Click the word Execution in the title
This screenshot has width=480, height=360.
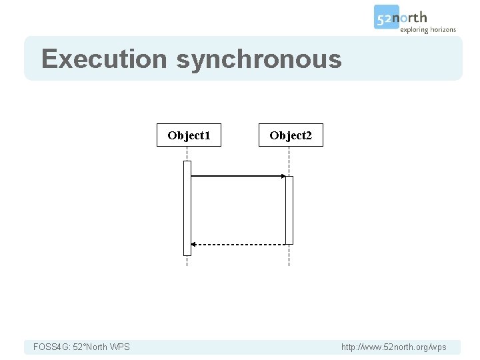(x=103, y=59)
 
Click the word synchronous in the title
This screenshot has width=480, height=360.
(x=259, y=59)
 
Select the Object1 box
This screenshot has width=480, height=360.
(x=189, y=135)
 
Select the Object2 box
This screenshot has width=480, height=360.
(x=291, y=135)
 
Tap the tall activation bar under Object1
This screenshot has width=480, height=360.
(x=187, y=207)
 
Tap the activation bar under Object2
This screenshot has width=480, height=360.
(x=289, y=210)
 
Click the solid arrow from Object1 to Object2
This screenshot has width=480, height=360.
(x=237, y=176)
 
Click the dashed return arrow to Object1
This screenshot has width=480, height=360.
(x=239, y=245)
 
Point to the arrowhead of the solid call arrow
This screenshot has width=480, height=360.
(x=283, y=176)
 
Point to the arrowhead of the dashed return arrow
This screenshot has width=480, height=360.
(x=193, y=245)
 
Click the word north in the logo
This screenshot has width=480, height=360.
(x=414, y=17)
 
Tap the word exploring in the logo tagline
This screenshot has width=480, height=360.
(x=414, y=30)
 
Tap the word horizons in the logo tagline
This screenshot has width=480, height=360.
(x=442, y=30)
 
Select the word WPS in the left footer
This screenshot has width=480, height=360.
(x=119, y=347)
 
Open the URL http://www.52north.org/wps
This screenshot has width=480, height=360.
(x=393, y=347)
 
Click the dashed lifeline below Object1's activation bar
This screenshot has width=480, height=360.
(x=187, y=261)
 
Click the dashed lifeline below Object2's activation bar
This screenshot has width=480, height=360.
(x=289, y=255)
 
